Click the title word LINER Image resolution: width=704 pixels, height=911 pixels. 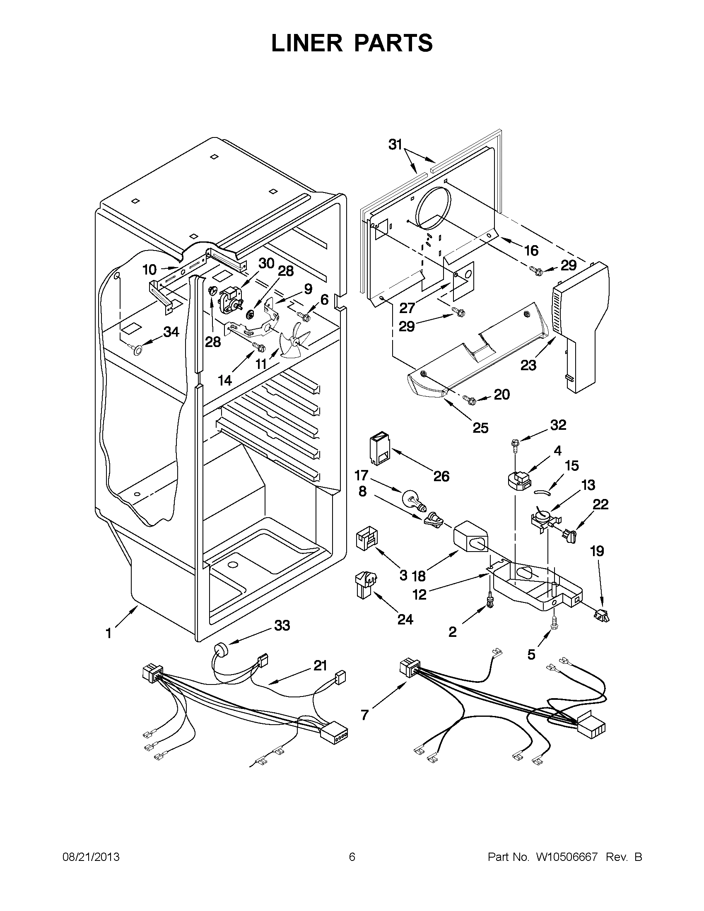[x=307, y=43]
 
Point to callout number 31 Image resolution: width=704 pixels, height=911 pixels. [x=395, y=145]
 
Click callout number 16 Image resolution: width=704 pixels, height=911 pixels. [x=531, y=250]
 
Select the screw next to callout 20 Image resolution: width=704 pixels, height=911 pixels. [x=470, y=400]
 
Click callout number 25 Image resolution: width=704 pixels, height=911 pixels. [x=480, y=428]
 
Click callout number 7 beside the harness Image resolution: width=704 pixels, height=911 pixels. [x=364, y=715]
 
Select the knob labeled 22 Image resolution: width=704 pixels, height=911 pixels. [x=569, y=535]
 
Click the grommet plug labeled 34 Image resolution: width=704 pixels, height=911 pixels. [x=135, y=349]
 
